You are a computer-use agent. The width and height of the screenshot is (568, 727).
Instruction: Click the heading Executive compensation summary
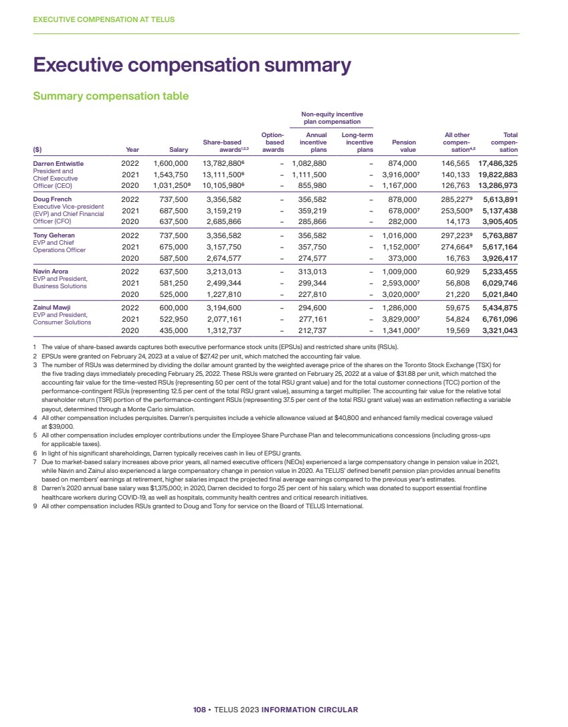coord(192,66)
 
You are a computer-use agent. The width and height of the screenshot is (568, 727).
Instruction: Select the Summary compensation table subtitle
coord(111,96)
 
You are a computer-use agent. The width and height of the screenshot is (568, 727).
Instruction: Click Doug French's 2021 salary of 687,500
coord(171,211)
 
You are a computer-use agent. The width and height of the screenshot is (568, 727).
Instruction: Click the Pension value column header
coord(403,146)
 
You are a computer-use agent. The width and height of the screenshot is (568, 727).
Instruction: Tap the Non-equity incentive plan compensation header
coord(333,118)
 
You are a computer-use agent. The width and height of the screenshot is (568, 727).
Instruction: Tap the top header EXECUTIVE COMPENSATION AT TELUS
coord(104,19)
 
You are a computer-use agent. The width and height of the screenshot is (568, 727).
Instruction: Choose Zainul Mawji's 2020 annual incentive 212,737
coord(309,330)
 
